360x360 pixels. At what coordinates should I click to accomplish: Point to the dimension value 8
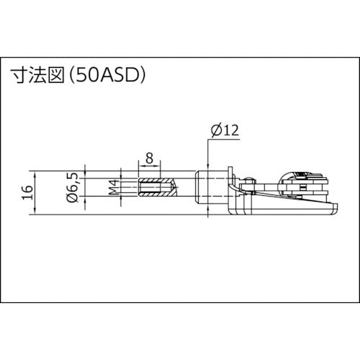coord(149,158)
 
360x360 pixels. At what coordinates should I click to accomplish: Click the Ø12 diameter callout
coord(225,130)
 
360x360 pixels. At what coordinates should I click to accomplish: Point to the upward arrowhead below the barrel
coord(209,214)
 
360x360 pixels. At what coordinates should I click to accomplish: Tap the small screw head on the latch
coord(249,180)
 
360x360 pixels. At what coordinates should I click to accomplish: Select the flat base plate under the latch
coord(288,211)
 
